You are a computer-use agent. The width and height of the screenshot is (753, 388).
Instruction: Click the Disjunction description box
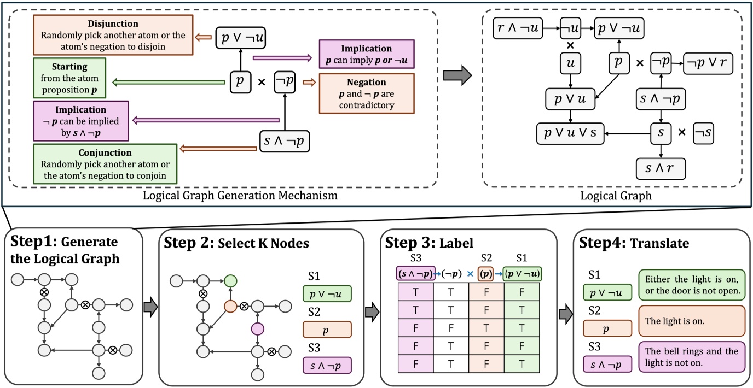(x=113, y=35)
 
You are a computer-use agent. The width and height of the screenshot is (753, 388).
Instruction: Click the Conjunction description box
(x=105, y=163)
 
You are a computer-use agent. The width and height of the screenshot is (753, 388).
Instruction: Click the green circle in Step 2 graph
(x=231, y=281)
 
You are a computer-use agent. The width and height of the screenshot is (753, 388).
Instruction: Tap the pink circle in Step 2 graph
(x=256, y=328)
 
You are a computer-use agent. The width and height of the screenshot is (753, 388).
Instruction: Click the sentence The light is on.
(x=691, y=321)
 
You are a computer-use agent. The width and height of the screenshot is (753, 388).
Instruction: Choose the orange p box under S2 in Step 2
(x=327, y=330)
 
